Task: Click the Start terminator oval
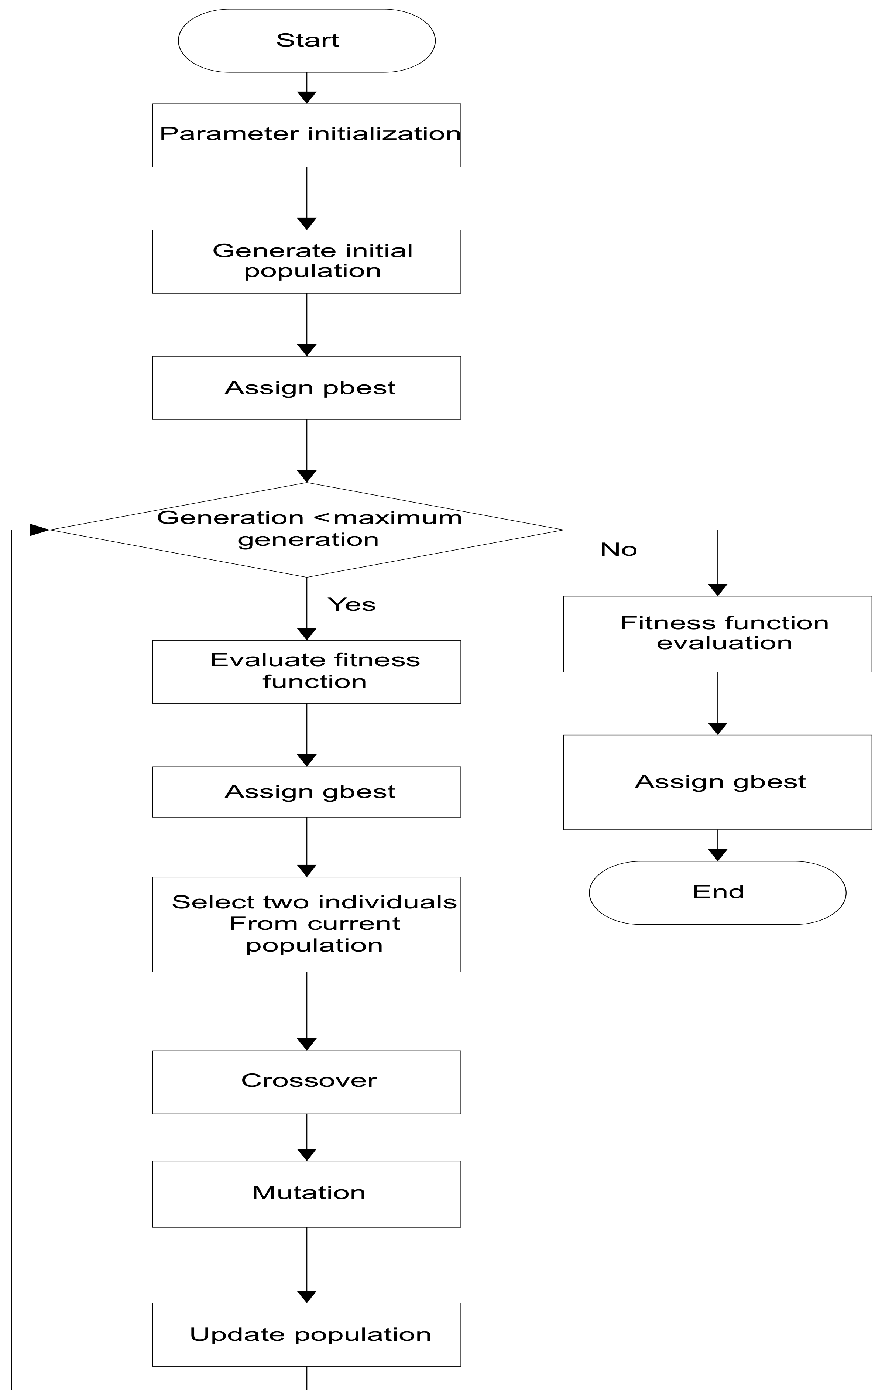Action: [306, 41]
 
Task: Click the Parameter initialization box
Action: [306, 135]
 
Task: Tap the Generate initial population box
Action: [306, 261]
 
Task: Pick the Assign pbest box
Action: [306, 388]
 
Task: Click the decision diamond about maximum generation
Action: [306, 530]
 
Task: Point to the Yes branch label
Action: [352, 604]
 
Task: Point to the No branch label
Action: [618, 549]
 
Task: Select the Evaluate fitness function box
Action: [306, 672]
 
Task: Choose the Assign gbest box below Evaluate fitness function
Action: [306, 792]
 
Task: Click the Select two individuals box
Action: [306, 924]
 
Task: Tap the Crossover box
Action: [306, 1082]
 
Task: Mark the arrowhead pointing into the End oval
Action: [718, 854]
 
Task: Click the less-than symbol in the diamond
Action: [325, 517]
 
